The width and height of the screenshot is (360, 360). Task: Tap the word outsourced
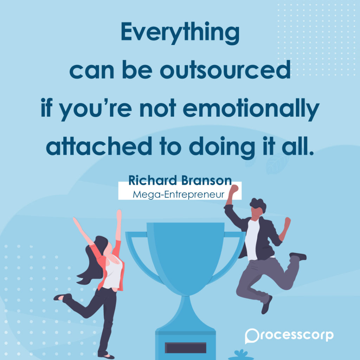point(225,70)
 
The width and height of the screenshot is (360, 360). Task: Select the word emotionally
point(251,109)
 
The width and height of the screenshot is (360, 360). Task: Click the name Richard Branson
point(180,180)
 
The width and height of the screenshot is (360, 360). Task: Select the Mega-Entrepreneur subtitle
point(178,195)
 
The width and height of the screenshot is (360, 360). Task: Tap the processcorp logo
point(289,336)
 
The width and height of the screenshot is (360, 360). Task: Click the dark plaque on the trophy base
point(186,348)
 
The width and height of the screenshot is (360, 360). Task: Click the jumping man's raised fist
point(234,189)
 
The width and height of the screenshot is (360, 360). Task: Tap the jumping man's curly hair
point(258,205)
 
